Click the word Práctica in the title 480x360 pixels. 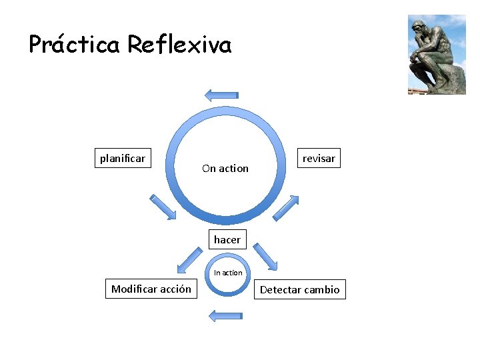(x=75, y=45)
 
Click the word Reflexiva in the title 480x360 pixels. (x=179, y=45)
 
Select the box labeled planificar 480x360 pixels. (x=122, y=158)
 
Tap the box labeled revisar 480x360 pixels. (x=319, y=158)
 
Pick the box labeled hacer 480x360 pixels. (x=227, y=239)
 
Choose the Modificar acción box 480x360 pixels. (x=151, y=289)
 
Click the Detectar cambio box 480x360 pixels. (x=300, y=289)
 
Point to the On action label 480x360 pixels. (x=225, y=169)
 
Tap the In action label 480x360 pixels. (x=228, y=273)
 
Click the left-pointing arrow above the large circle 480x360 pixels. (x=221, y=95)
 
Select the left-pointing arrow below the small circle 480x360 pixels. (x=225, y=315)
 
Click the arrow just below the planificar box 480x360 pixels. (x=163, y=207)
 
